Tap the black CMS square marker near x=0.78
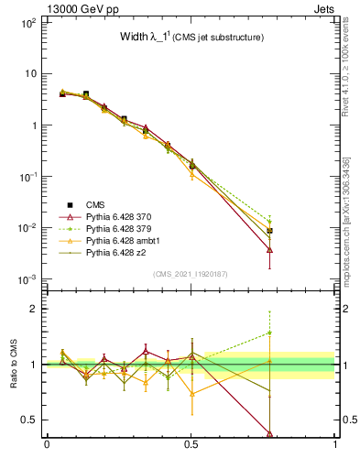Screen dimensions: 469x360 (x=270, y=231)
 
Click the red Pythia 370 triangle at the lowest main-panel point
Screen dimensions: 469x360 (x=270, y=249)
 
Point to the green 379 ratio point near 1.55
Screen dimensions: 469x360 (x=270, y=333)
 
